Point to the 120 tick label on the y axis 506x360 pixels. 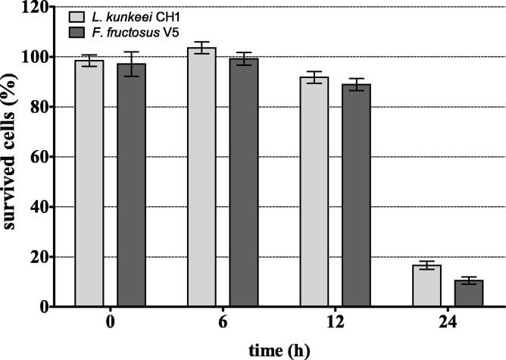click(42, 8)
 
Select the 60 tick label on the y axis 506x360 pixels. click(45, 158)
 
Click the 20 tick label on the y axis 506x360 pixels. click(45, 258)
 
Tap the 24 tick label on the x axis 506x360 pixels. click(448, 323)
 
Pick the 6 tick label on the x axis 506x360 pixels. click(223, 323)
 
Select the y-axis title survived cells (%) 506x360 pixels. click(14, 157)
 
